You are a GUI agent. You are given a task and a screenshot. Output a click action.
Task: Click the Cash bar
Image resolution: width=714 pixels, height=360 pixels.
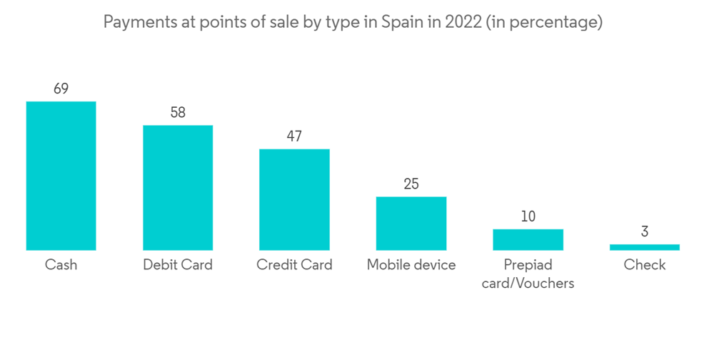[61, 176]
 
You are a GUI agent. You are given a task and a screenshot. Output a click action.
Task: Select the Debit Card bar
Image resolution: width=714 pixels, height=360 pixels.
[178, 188]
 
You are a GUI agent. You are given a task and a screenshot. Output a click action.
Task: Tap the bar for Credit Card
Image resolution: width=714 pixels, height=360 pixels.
[294, 199]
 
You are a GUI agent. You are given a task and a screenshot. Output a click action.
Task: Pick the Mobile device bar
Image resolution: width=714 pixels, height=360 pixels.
[411, 224]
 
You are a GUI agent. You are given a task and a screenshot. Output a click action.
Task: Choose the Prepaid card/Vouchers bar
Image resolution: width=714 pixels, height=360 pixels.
[528, 240]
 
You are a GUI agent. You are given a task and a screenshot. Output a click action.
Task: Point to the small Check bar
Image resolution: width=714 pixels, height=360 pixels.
[645, 247]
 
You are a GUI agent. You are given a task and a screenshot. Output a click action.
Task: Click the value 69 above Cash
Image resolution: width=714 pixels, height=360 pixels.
[61, 89]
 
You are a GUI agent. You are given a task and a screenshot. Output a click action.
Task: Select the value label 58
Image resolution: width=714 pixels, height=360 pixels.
[178, 113]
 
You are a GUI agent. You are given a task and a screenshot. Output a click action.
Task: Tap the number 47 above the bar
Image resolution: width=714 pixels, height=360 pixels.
[294, 136]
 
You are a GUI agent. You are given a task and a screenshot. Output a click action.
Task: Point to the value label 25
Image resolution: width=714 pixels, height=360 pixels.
[411, 184]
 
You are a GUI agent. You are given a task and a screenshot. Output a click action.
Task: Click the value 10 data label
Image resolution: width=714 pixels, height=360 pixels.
[528, 216]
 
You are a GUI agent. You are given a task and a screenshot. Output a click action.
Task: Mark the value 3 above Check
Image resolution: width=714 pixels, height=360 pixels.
[645, 232]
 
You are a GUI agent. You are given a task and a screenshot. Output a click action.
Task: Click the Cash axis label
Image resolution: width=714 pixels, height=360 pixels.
[61, 265]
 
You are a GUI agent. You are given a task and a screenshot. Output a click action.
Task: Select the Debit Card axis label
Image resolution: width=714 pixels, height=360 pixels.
[178, 265]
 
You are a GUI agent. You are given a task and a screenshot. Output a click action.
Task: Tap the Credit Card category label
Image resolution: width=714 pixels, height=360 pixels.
[294, 265]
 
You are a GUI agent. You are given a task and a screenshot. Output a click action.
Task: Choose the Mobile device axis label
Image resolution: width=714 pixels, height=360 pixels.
[411, 265]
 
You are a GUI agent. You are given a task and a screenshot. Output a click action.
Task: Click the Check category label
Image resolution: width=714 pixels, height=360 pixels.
[645, 265]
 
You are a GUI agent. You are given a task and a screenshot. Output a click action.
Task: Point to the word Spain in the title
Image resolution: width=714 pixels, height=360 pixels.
[403, 23]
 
